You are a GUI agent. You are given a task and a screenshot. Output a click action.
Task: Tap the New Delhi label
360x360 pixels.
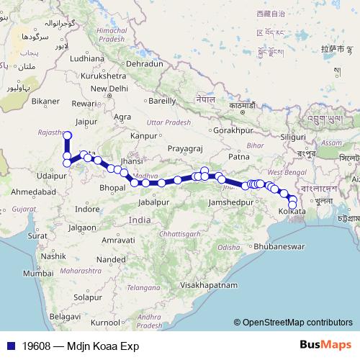coord(108,89)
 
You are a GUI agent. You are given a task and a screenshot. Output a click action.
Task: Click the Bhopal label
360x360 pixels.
coord(113,187)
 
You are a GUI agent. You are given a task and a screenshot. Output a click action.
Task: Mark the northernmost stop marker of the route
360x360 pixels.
coord(68,135)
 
